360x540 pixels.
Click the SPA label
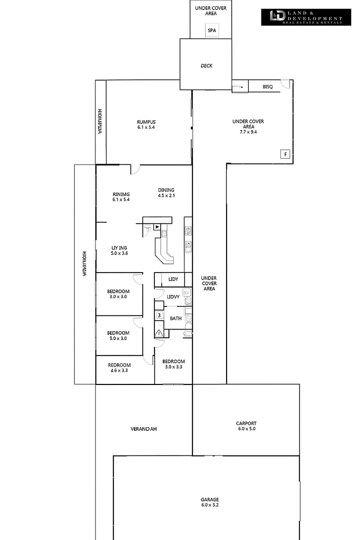pos(211,31)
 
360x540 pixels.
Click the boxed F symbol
pos(285,155)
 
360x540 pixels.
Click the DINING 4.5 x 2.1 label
pos(166,193)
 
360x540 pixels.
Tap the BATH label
pos(176,318)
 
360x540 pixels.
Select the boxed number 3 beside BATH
pos(159,315)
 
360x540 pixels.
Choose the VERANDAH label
pos(144,429)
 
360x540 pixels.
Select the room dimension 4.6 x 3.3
pos(119,371)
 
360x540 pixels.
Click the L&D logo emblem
pos(277,16)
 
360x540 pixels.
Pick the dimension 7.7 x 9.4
pos(248,132)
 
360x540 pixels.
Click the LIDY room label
pos(173,279)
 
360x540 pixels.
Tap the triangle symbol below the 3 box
pos(159,332)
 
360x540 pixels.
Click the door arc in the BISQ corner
pos(285,84)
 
